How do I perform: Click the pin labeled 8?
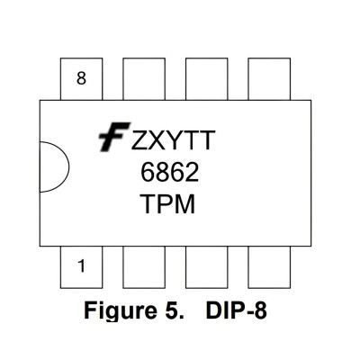(x=81, y=79)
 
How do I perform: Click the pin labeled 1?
(x=81, y=267)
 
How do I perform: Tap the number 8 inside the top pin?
(x=81, y=78)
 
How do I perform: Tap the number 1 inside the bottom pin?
(x=81, y=266)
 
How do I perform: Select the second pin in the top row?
(x=144, y=79)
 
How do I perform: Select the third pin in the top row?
(x=207, y=79)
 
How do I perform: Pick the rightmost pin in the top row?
(x=269, y=79)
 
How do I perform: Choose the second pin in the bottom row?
(x=144, y=267)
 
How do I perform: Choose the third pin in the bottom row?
(x=207, y=267)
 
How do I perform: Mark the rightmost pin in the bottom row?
(x=269, y=267)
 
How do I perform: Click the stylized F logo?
(x=114, y=137)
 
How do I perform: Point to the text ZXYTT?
(x=174, y=140)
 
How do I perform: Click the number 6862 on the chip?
(x=169, y=173)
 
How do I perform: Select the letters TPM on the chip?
(x=167, y=204)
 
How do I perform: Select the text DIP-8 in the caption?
(x=236, y=310)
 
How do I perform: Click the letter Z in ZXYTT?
(x=139, y=140)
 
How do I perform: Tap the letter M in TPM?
(x=185, y=204)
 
